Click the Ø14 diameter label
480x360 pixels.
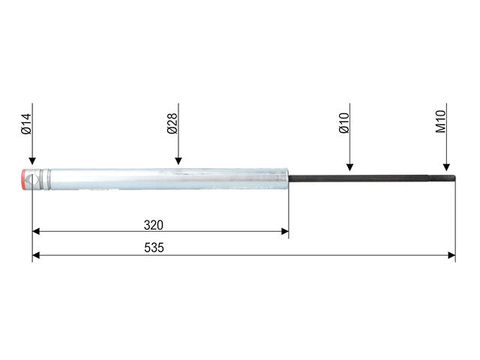26,124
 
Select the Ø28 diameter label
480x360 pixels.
172,123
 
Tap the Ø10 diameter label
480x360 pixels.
344,123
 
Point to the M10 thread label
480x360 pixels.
441,121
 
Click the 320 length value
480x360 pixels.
154,225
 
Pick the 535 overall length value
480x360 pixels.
154,247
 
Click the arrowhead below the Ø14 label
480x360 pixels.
32,161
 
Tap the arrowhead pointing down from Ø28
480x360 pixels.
178,161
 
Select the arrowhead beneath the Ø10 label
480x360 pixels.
350,167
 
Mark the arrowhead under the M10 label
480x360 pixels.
447,167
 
